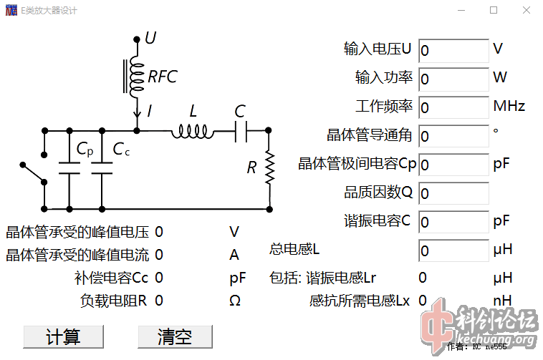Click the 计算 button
[x=62, y=336]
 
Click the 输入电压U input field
[x=453, y=51]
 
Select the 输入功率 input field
[x=453, y=79]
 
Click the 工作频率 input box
[x=453, y=107]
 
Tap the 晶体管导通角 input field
[x=453, y=136]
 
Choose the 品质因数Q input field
[x=453, y=193]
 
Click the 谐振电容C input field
[x=453, y=222]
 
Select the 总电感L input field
[x=453, y=250]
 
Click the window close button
[x=526, y=11]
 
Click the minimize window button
[x=460, y=11]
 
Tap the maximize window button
[x=493, y=11]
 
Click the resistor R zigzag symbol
[x=269, y=167]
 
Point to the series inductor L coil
[x=192, y=131]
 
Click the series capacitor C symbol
[x=241, y=131]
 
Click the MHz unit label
[x=509, y=107]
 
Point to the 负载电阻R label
[x=113, y=301]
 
